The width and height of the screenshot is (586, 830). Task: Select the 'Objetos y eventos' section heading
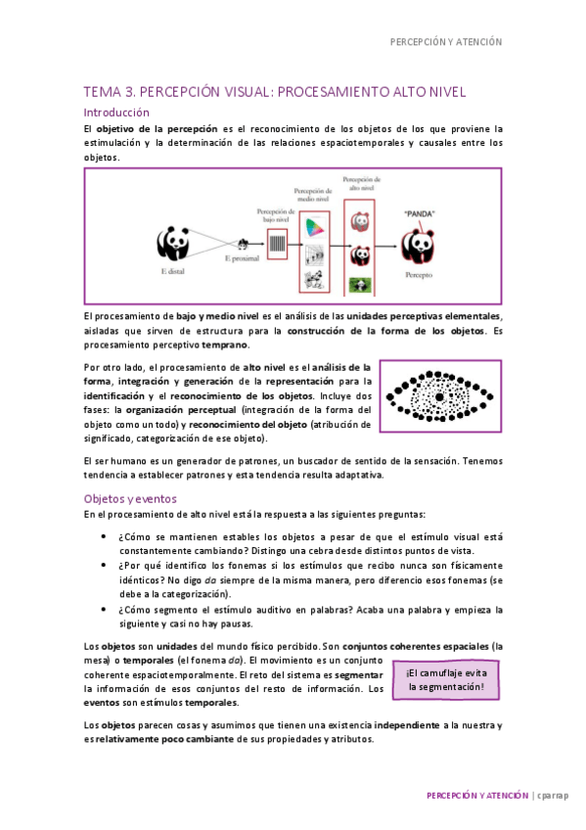pos(129,498)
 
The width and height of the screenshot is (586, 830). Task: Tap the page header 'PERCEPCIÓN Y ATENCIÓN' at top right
pos(445,42)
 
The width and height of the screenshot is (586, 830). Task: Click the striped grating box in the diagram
pos(277,244)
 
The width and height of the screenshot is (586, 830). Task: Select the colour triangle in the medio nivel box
pos(314,226)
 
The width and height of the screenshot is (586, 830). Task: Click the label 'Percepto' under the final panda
pos(419,277)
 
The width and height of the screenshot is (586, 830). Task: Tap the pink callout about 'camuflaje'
pos(446,679)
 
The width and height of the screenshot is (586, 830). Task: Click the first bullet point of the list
pos(105,537)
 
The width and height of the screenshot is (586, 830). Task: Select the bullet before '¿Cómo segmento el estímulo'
pos(105,609)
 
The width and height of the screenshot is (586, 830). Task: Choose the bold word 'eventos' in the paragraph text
pos(104,702)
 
